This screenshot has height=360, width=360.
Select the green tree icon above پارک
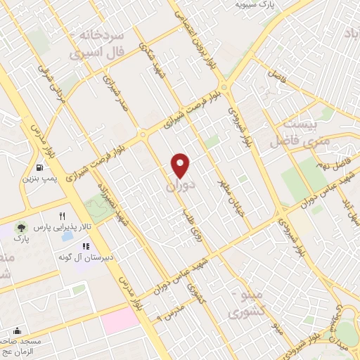(x=21, y=227)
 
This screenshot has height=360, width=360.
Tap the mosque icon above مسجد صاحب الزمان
(x=17, y=330)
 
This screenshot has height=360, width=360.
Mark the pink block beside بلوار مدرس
(x=120, y=322)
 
